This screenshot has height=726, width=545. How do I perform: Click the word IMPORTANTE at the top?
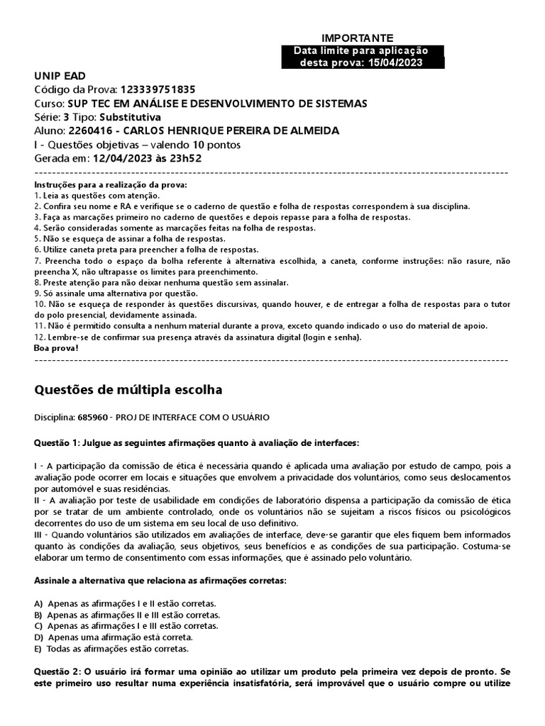[x=357, y=38]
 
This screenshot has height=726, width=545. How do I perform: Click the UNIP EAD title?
[x=60, y=76]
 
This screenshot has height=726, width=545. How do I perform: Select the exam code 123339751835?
[x=158, y=89]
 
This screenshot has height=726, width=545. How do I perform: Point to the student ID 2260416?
[x=87, y=131]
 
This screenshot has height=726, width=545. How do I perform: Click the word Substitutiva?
[x=130, y=117]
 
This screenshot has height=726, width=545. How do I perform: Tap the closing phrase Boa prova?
[x=57, y=349]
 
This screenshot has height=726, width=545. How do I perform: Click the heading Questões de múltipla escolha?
[x=128, y=390]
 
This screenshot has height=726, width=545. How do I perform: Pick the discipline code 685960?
[x=90, y=418]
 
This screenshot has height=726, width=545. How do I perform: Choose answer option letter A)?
[x=39, y=603]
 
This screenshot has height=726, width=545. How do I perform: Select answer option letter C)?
[x=39, y=626]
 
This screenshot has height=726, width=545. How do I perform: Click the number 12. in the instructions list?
[x=40, y=337]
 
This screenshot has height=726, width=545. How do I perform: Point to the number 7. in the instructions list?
[x=38, y=261]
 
